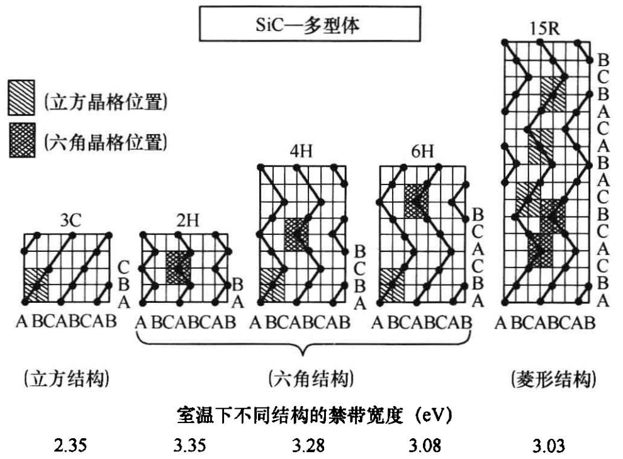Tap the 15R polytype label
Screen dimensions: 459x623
pos(547,28)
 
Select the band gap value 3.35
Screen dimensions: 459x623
pos(188,446)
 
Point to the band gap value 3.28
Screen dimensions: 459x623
pos(308,446)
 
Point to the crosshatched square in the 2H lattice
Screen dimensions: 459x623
pos(179,267)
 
